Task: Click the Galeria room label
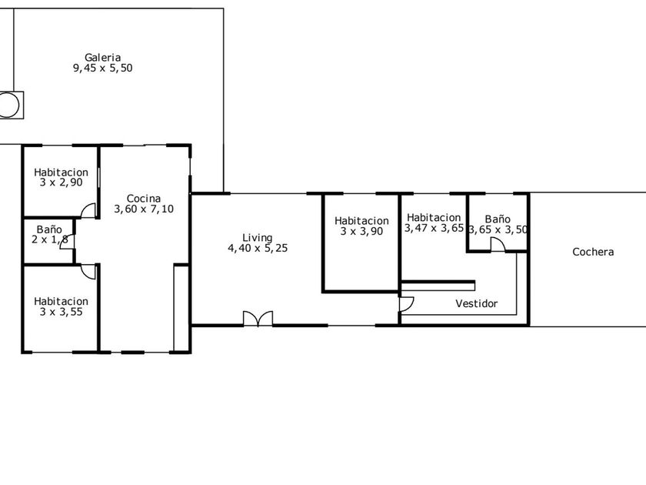tap(102, 57)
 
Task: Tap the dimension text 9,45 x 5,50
tap(102, 68)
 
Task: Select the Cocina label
tap(143, 199)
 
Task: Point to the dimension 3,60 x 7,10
tap(144, 209)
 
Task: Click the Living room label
tap(258, 238)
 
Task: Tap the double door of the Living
tap(258, 319)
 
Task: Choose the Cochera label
tap(593, 252)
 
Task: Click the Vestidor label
tap(477, 303)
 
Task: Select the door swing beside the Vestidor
tap(407, 304)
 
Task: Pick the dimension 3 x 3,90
tap(361, 232)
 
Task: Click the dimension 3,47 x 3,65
tap(434, 228)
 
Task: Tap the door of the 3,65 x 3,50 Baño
tap(498, 245)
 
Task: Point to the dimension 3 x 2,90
tap(61, 182)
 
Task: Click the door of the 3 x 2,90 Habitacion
tap(88, 211)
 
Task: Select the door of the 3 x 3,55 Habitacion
tap(88, 272)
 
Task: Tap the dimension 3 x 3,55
tap(61, 312)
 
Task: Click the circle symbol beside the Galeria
tap(8, 105)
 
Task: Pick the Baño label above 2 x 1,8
tap(49, 229)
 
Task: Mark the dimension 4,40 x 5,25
tap(258, 248)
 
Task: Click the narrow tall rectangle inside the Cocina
tap(181, 309)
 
